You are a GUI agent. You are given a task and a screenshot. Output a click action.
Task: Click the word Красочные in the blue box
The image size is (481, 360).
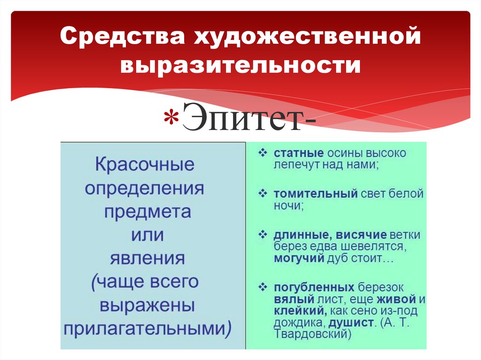click(145, 165)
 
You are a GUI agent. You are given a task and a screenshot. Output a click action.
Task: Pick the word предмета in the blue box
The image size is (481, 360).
click(147, 212)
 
